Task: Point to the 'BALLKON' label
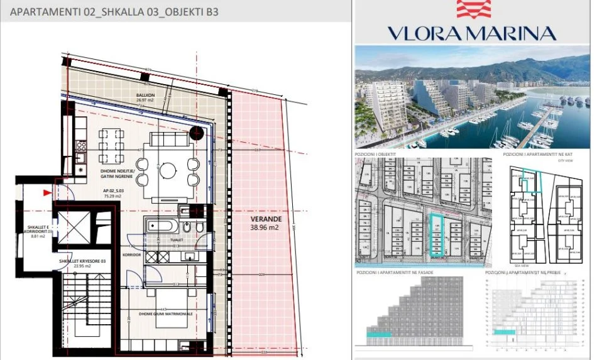tap(145, 95)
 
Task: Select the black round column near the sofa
tap(197, 133)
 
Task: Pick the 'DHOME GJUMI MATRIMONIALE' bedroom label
tap(166, 313)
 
